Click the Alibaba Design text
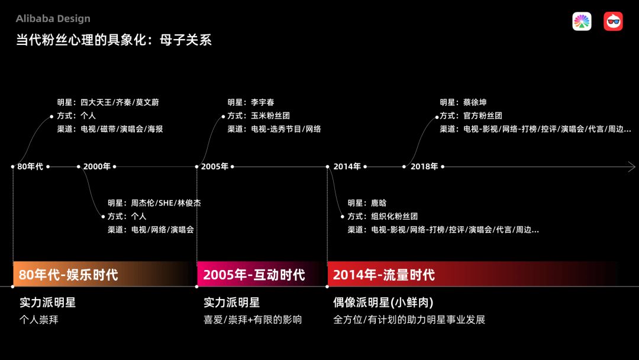coord(53,19)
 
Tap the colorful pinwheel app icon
coord(582,21)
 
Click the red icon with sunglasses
coord(613,21)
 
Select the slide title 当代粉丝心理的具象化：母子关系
coord(114,40)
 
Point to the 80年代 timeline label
coord(30,166)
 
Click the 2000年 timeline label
coord(97,166)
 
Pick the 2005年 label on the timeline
coord(215,166)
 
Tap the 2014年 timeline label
coord(347,166)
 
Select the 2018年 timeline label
coord(424,166)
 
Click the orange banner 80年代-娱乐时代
coord(104,274)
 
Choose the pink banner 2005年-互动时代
coord(262,274)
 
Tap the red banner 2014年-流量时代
coord(473,274)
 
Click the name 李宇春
coord(263,102)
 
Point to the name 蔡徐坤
coord(475,102)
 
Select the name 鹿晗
coord(379,203)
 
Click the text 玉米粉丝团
coord(270,116)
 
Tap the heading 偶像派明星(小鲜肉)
coord(383,303)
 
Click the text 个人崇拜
coord(39,320)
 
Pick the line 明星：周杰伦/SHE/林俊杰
coord(154,203)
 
